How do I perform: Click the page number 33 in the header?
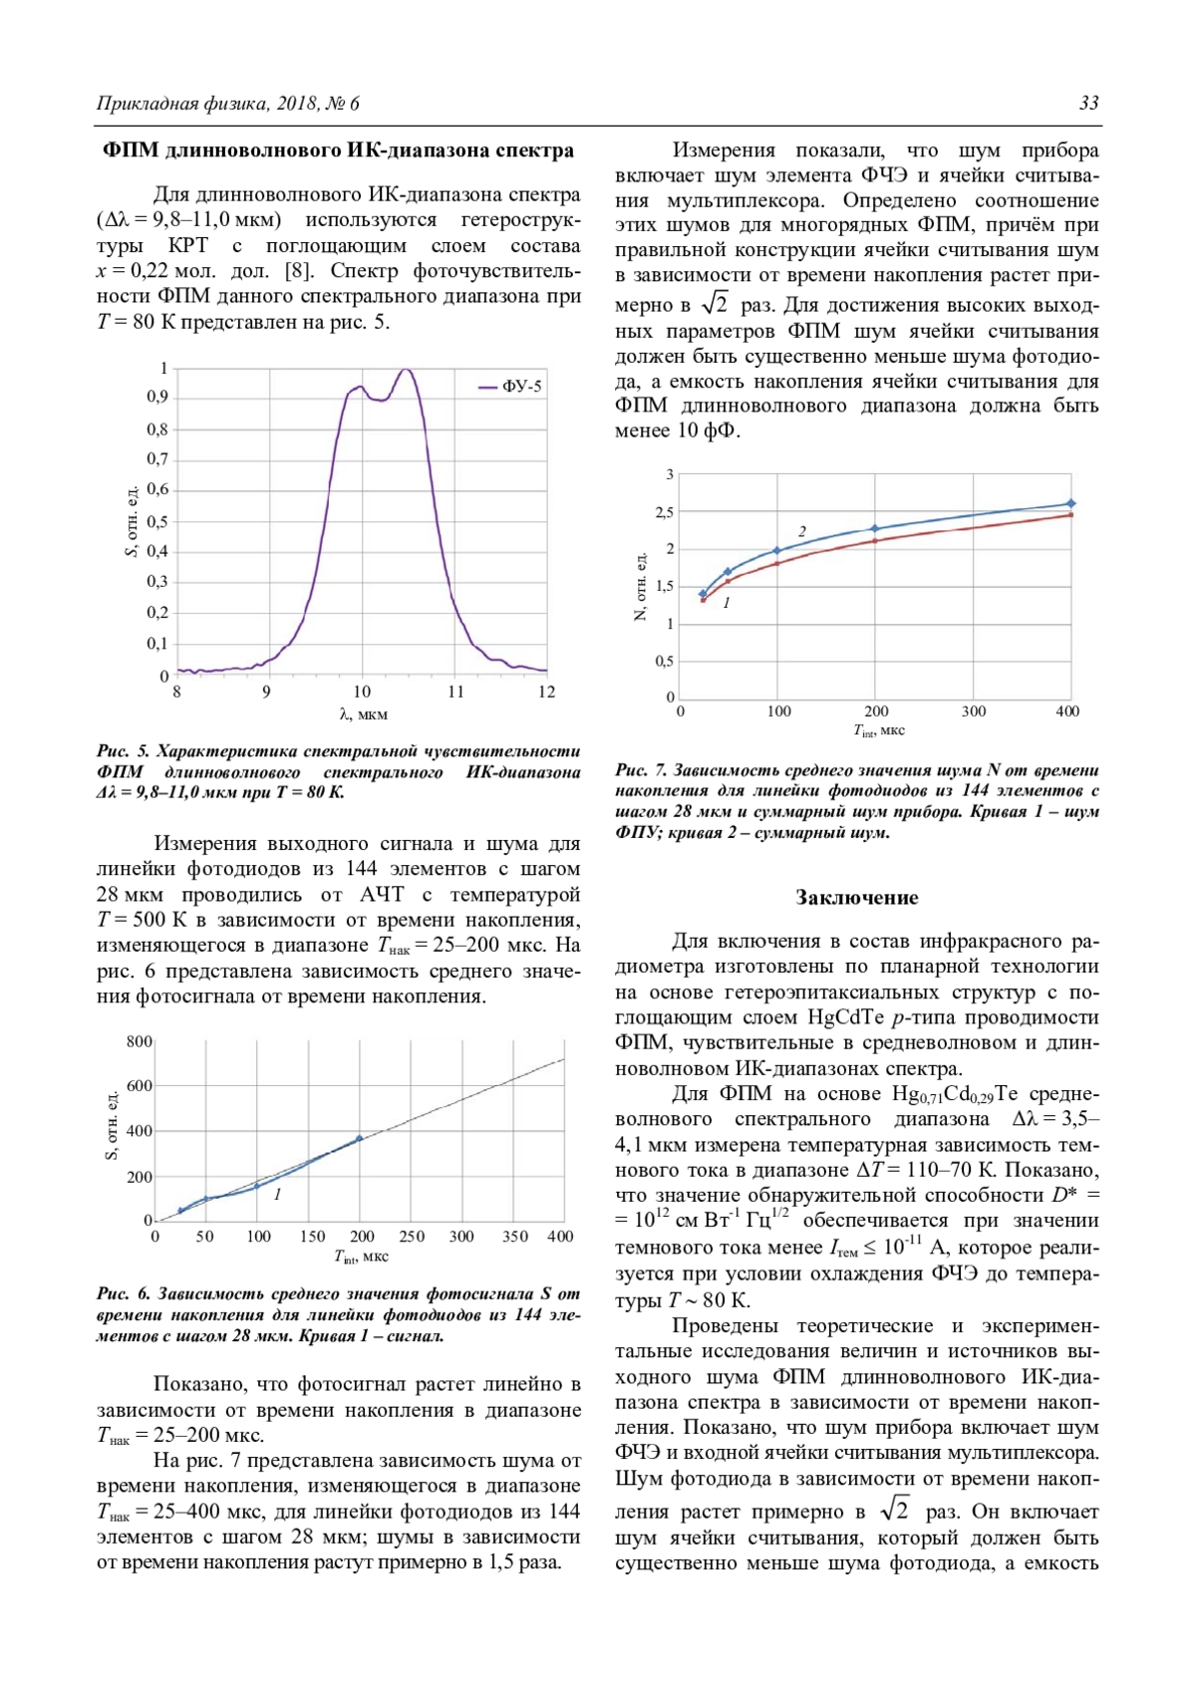coord(1088,104)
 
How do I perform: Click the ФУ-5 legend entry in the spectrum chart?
coord(521,387)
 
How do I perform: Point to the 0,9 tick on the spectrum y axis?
coord(157,398)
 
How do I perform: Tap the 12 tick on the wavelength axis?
coord(546,692)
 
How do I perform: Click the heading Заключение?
coord(856,898)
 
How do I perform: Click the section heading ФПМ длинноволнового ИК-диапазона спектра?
coord(339,150)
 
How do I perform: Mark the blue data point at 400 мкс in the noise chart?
coord(1071,503)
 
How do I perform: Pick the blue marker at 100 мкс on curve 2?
coord(777,550)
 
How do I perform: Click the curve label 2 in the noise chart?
coord(801,531)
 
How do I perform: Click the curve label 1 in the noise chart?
coord(727,603)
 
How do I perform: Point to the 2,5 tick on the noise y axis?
coord(664,512)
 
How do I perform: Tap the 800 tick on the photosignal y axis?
coord(140,1041)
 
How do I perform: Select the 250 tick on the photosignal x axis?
coord(412,1237)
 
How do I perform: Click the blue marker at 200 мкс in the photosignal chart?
coord(360,1138)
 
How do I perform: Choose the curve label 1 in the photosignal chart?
coord(277,1194)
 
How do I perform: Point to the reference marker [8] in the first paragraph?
coord(298,271)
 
